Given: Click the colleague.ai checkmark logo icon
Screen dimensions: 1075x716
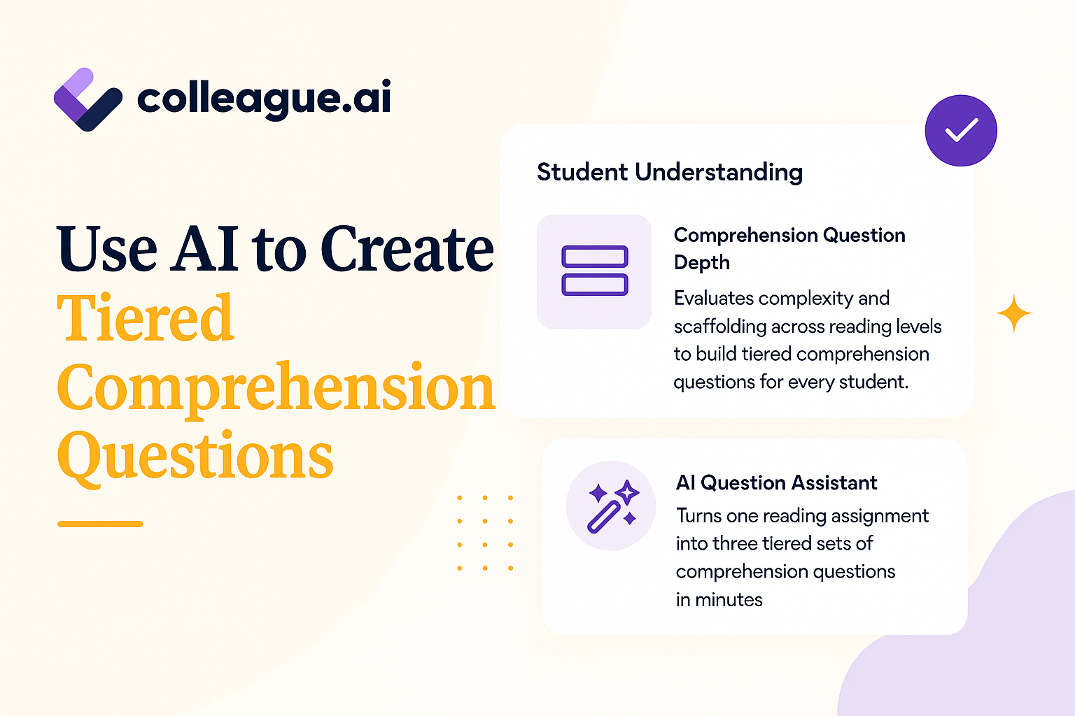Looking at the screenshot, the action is pyautogui.click(x=88, y=100).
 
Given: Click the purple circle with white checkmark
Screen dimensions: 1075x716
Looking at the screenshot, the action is pyautogui.click(x=961, y=131).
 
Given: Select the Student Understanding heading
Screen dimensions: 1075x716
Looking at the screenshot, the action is pyautogui.click(x=670, y=173).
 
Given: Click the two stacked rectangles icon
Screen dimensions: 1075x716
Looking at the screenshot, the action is pyautogui.click(x=595, y=271).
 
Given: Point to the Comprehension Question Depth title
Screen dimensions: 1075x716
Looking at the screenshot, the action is pyautogui.click(x=789, y=249).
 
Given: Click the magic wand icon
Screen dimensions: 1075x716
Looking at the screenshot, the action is pyautogui.click(x=613, y=506).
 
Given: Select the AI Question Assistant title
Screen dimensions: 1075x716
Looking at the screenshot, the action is pyautogui.click(x=776, y=482).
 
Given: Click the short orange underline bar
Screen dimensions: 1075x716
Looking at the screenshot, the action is pyautogui.click(x=100, y=524).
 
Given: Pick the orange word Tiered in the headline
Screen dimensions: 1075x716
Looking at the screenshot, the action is pyautogui.click(x=146, y=317).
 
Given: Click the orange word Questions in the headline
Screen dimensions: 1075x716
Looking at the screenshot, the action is pyautogui.click(x=195, y=456).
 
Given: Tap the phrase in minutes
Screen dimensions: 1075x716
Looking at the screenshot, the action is pyautogui.click(x=719, y=599).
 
